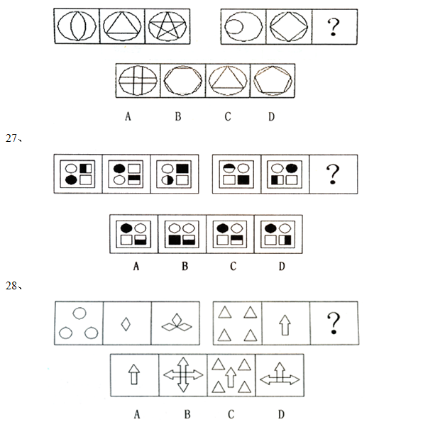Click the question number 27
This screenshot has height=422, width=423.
(11, 138)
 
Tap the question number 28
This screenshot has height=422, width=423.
(11, 286)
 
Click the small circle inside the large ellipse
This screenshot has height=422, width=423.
(234, 27)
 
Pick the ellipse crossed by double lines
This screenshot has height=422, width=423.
(138, 81)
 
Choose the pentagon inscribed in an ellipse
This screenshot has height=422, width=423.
(273, 80)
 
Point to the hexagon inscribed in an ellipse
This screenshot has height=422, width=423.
(183, 81)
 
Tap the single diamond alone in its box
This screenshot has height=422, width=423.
(126, 324)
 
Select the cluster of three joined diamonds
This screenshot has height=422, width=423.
(177, 323)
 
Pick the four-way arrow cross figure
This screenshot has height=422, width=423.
(183, 374)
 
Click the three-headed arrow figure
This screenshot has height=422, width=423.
(280, 374)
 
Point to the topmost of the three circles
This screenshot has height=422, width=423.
(79, 313)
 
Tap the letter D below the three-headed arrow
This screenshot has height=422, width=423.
(281, 414)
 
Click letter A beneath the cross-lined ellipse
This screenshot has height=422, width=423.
(128, 116)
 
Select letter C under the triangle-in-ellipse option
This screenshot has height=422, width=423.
(228, 116)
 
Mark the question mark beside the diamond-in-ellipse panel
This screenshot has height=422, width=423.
(334, 26)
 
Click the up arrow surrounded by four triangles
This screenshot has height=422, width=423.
(231, 377)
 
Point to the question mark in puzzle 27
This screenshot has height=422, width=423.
(333, 174)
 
